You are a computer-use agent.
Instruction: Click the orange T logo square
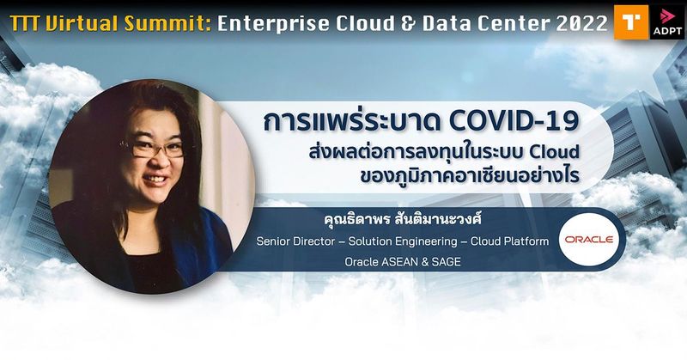(629, 21)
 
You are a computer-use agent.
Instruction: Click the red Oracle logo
(589, 240)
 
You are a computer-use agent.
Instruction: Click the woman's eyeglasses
(154, 149)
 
